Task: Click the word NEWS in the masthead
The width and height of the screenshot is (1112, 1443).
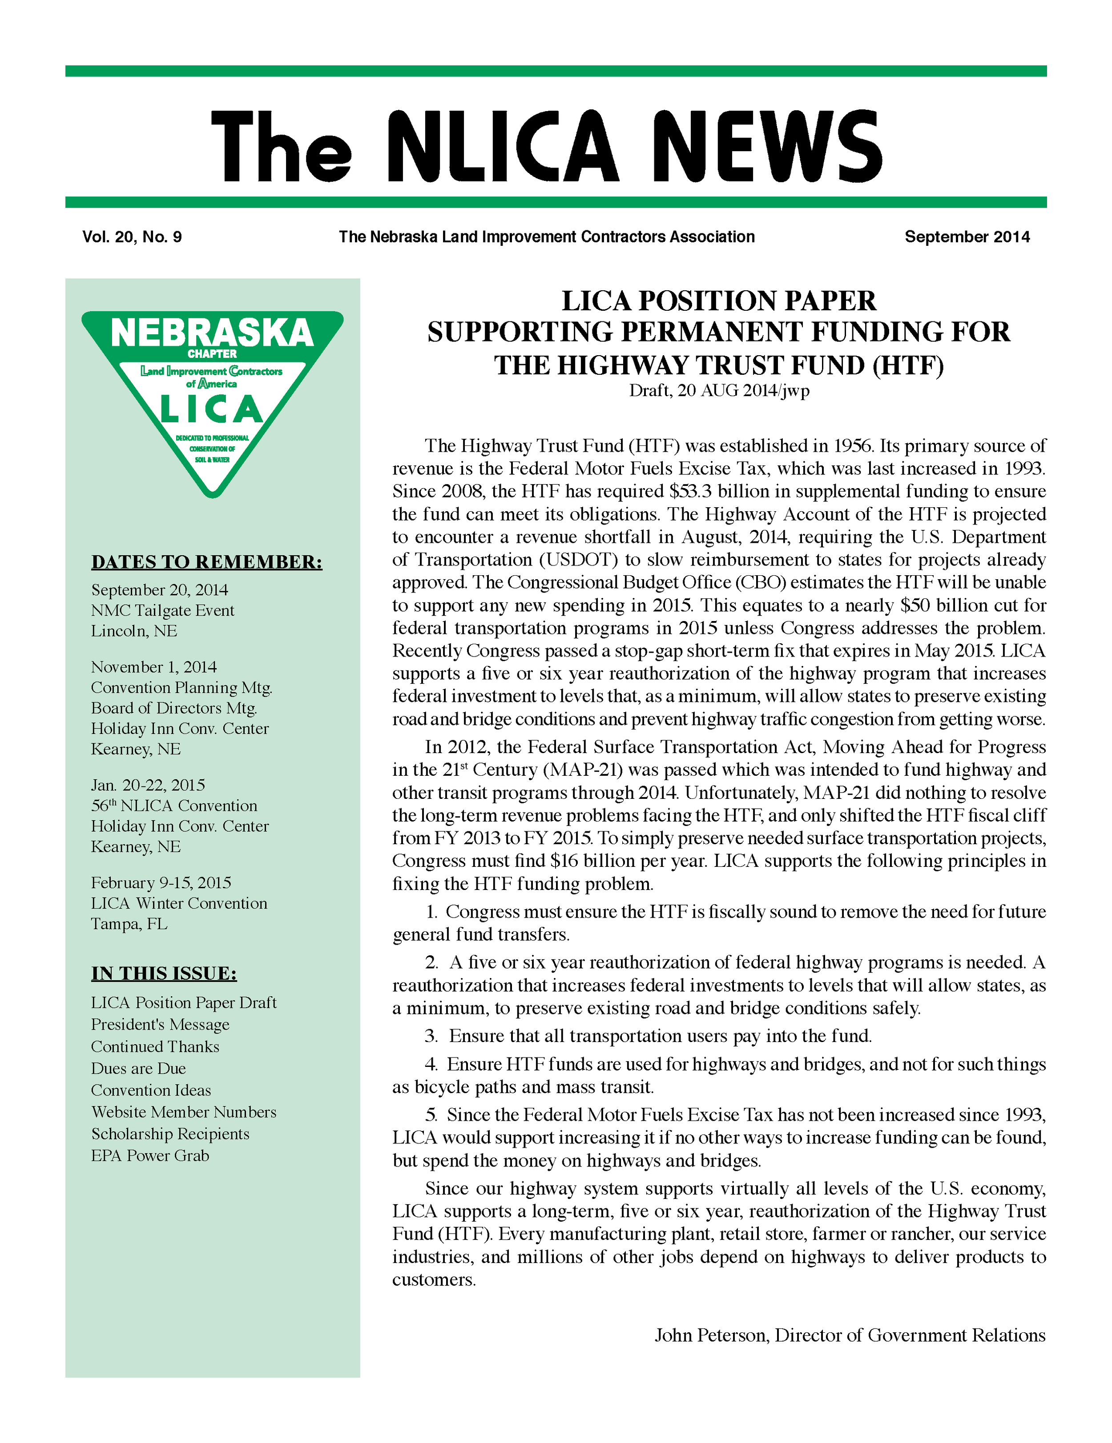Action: tap(767, 147)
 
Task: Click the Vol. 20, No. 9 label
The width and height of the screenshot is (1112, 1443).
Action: tap(132, 237)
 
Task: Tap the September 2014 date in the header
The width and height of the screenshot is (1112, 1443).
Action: tap(967, 237)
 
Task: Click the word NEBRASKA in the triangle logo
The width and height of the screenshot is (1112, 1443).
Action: tap(212, 333)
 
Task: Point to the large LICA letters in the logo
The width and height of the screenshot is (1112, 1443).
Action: tap(212, 409)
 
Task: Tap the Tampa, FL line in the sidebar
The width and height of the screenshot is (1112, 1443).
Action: tap(129, 924)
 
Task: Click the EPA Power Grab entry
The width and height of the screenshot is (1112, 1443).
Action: tap(150, 1155)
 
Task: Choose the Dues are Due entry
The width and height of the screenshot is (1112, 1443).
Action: tap(138, 1068)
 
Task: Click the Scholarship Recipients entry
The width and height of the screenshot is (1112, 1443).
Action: tap(170, 1134)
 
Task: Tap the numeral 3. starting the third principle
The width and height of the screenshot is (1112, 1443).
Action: tap(431, 1036)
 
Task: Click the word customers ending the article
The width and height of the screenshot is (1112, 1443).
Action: tap(433, 1280)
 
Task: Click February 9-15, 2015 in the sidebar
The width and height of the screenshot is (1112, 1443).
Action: tap(161, 883)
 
